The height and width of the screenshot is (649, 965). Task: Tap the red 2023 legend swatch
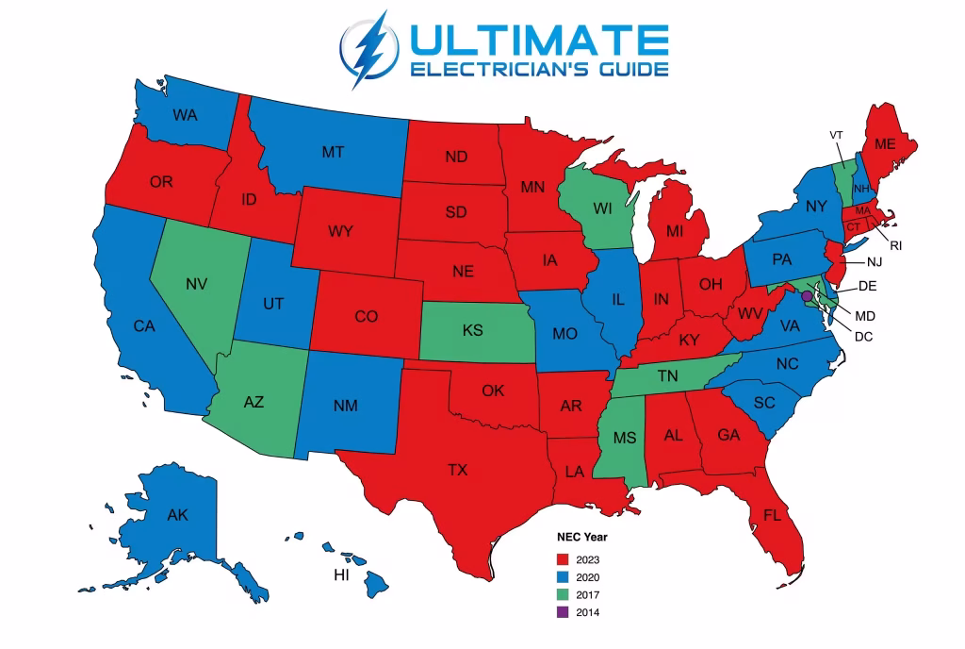563,559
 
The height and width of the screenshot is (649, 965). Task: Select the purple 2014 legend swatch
563,612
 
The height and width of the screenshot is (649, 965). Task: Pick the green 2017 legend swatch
563,594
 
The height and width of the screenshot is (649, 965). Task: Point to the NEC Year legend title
581,537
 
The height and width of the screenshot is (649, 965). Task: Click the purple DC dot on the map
806,296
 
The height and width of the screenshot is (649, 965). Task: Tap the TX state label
457,469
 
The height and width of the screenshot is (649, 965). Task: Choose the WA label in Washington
186,115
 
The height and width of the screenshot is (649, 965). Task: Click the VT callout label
836,135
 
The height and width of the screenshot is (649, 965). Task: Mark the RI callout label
896,245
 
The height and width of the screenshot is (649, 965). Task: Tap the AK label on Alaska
177,515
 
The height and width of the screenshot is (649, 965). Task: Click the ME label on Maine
884,144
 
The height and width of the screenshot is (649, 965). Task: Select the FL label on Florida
772,515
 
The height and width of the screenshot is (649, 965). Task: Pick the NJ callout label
875,261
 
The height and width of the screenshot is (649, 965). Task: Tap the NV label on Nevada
197,283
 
